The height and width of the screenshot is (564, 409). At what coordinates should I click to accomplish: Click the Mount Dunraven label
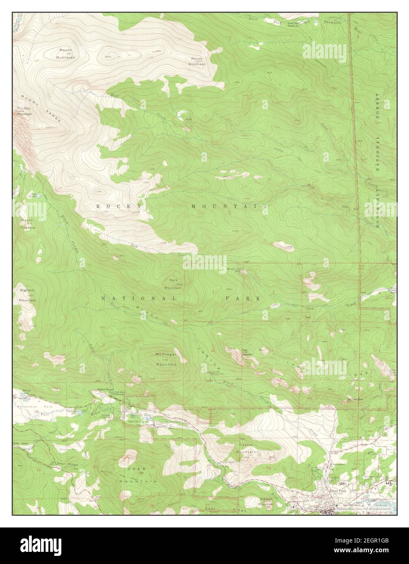click(x=66, y=54)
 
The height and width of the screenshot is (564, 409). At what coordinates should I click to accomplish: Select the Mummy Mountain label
click(x=24, y=111)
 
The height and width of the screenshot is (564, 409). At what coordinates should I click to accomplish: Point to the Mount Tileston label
click(x=28, y=224)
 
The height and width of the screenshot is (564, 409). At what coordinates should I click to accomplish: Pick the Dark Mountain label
click(x=173, y=284)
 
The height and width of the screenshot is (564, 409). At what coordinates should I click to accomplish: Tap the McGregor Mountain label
click(x=166, y=359)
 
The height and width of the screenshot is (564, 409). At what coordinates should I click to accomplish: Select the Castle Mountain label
click(x=247, y=449)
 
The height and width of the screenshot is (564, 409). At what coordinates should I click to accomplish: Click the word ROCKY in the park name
click(x=120, y=207)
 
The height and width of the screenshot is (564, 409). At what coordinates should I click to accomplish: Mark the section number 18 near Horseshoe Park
click(x=37, y=411)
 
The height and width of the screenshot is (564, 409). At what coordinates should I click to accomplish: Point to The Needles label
click(x=245, y=351)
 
